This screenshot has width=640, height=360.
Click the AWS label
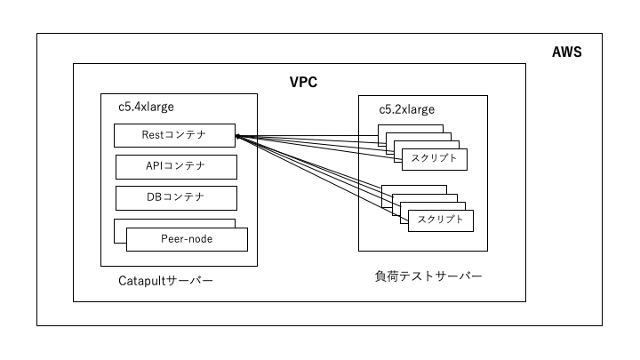pyautogui.click(x=567, y=52)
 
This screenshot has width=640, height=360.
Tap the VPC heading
pyautogui.click(x=304, y=82)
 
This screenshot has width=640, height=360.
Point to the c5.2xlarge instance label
pyautogui.click(x=407, y=109)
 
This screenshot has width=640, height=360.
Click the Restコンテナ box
pyautogui.click(x=175, y=136)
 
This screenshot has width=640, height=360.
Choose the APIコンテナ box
pyautogui.click(x=176, y=166)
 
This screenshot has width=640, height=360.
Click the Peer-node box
pyautogui.click(x=187, y=239)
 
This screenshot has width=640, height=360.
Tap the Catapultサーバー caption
pyautogui.click(x=166, y=281)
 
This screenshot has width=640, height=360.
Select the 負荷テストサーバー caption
pyautogui.click(x=428, y=276)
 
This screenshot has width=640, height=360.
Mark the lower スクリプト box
pyautogui.click(x=441, y=220)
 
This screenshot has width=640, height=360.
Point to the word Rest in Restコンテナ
pyautogui.click(x=154, y=136)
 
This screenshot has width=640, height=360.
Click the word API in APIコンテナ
pyautogui.click(x=156, y=166)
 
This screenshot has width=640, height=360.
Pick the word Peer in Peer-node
pyautogui.click(x=173, y=239)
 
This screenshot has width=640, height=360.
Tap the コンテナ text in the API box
pyautogui.click(x=187, y=166)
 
